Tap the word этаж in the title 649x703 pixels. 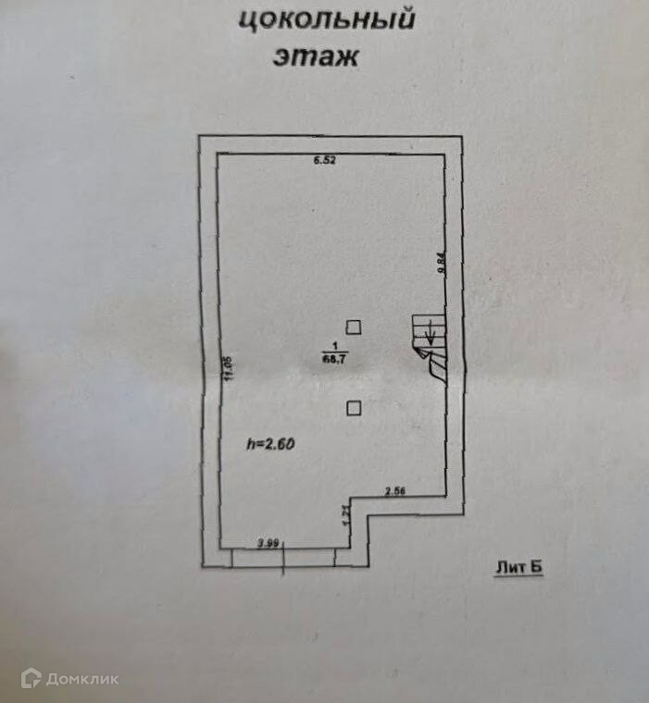pos(315,56)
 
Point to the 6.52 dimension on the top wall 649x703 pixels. pos(324,161)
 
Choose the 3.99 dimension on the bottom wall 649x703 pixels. pos(268,543)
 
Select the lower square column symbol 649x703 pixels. pos(353,407)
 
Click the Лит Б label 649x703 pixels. pos(516,568)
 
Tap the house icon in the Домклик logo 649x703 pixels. pos(31,679)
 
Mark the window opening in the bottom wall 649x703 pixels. pos(284,556)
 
